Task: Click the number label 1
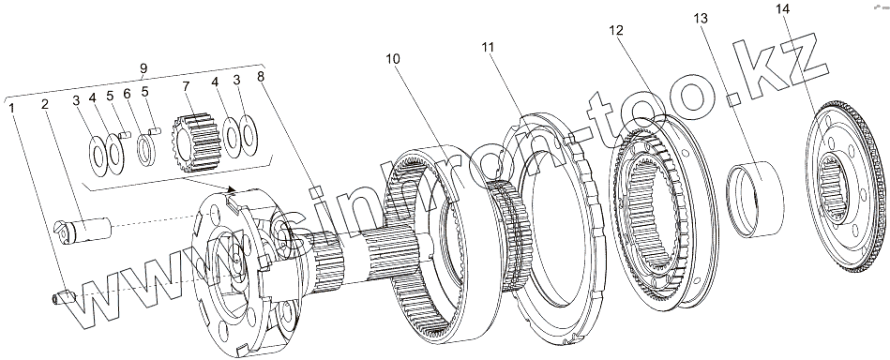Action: (x=12, y=106)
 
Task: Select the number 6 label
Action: (x=127, y=93)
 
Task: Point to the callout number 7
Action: (x=186, y=86)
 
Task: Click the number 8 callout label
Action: (x=261, y=77)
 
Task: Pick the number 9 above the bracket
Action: (x=143, y=67)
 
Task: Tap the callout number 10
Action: (x=393, y=58)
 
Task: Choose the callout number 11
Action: (x=488, y=47)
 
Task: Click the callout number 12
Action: (x=616, y=30)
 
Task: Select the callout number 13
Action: (x=701, y=19)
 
